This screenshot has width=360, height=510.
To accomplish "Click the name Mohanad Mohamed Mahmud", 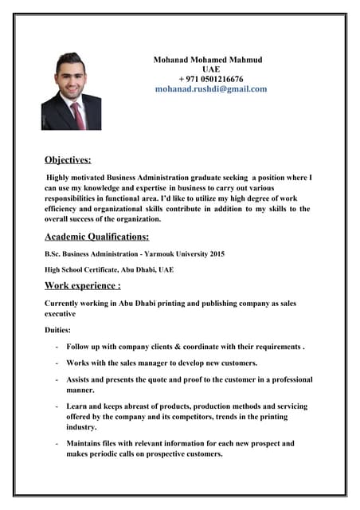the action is [208, 60].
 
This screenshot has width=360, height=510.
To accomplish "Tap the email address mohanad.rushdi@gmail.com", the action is [211, 89].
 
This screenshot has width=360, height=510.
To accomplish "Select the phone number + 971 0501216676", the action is [211, 79].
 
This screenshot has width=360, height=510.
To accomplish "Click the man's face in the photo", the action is [72, 78].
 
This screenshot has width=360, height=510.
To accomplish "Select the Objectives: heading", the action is [68, 159].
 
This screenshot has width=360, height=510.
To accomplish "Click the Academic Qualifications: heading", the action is [97, 237].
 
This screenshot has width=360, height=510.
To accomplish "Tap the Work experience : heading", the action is [83, 285].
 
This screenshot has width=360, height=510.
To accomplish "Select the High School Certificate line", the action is [109, 269].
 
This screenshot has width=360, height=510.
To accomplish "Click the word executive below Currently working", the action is [65, 313].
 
